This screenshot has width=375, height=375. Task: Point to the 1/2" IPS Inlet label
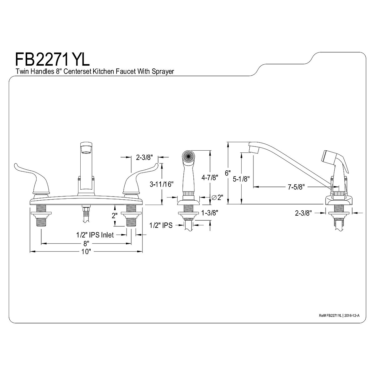pos(95,235)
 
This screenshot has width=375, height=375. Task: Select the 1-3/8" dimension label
pos(209,213)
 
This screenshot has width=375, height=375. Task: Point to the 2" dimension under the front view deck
pos(114,216)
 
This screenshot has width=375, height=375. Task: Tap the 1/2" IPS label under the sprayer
pos(161,225)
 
